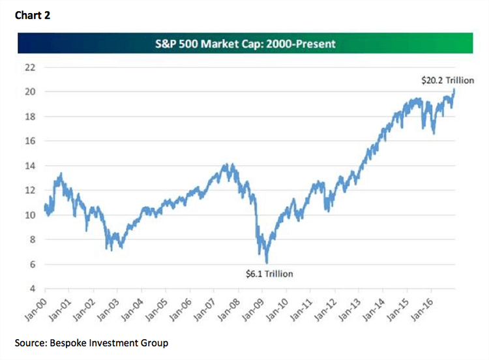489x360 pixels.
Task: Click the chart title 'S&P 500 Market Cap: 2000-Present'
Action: tap(244, 44)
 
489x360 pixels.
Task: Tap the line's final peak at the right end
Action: tap(454, 89)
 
